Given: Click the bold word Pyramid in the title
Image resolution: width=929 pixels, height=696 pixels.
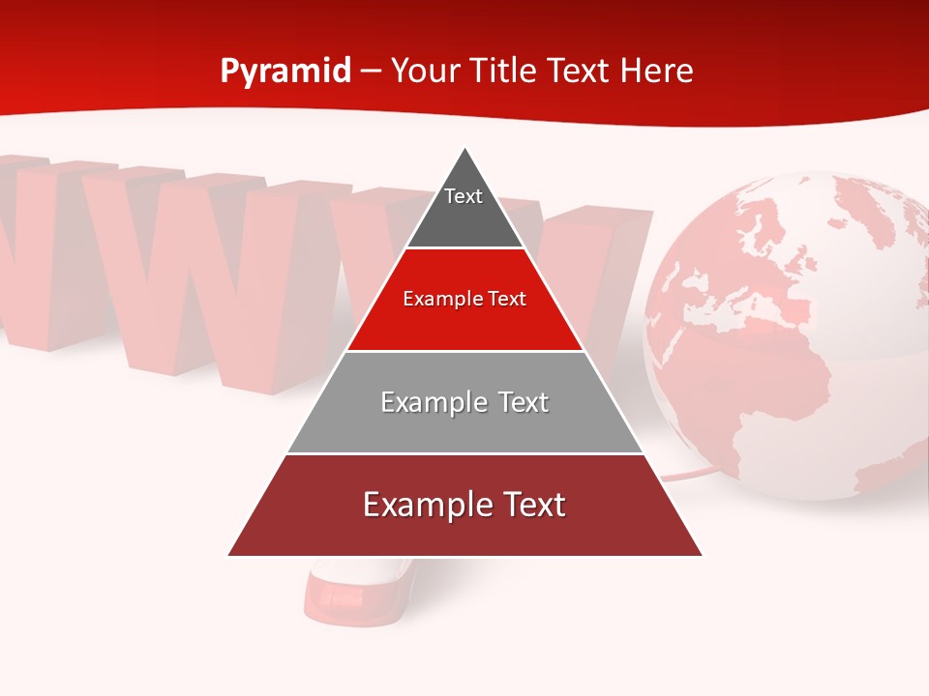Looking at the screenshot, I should coord(285,72).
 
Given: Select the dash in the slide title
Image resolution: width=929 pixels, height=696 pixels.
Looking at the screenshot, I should coord(370,72).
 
